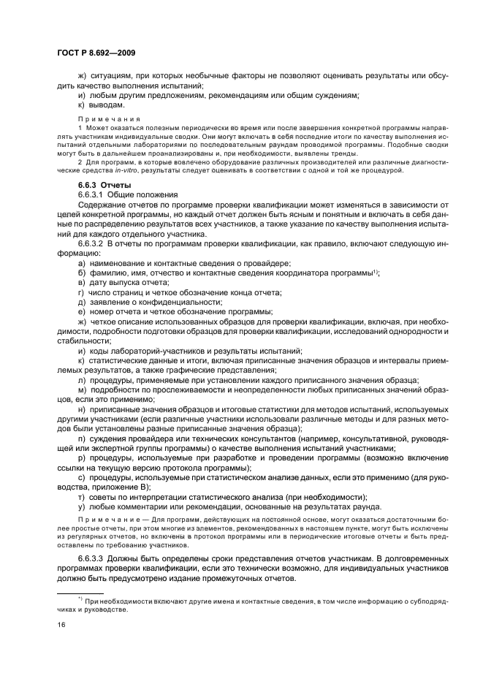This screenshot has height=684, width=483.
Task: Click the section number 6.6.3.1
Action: point(93,195)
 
